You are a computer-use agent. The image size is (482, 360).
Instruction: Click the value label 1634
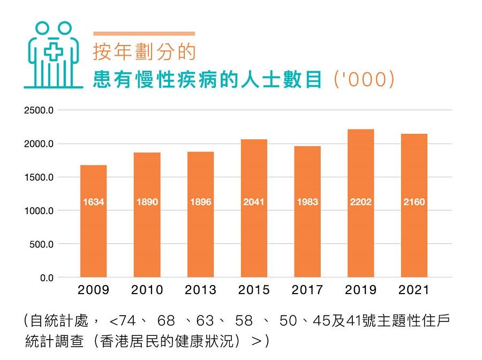[93, 202]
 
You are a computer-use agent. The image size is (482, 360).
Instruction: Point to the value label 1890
[147, 202]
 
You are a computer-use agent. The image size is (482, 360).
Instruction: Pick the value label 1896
[200, 202]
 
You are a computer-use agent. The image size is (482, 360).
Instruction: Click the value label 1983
[307, 202]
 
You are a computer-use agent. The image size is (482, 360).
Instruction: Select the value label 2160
[414, 202]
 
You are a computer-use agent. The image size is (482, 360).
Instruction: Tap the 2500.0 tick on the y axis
[39, 111]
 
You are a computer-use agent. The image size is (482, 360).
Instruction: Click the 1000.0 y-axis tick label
[39, 211]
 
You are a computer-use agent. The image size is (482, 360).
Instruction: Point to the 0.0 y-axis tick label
[46, 278]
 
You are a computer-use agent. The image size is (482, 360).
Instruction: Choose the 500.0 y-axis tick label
[41, 244]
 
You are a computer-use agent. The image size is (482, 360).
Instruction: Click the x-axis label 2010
[147, 290]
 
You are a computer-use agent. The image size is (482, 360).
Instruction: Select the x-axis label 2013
[200, 290]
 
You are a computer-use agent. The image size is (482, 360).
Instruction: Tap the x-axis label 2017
[307, 290]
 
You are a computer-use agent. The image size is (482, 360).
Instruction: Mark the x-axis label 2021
[414, 290]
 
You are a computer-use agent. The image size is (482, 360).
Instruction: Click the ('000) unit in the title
[364, 79]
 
